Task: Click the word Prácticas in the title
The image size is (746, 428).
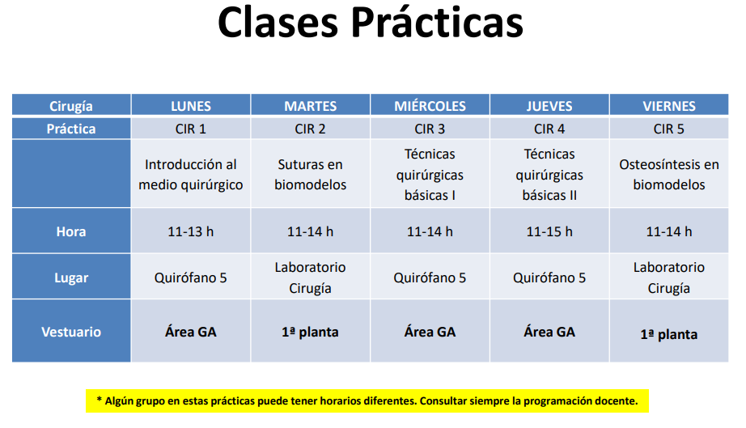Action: (x=437, y=23)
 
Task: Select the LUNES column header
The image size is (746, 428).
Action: (x=191, y=105)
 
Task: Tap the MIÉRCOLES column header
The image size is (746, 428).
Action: (x=430, y=105)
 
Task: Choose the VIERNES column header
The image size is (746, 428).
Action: (x=669, y=105)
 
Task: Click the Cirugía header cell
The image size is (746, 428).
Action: (x=71, y=105)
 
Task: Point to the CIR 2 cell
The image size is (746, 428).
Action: (x=310, y=129)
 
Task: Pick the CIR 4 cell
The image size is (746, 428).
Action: (x=549, y=129)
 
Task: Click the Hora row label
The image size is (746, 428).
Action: (x=71, y=231)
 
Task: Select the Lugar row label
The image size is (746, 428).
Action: (x=71, y=278)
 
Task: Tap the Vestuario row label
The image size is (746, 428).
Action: (x=71, y=332)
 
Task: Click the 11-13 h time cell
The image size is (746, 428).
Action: (x=191, y=231)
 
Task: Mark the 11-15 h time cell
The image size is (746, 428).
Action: (x=549, y=231)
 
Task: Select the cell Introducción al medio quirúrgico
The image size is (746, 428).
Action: (x=191, y=175)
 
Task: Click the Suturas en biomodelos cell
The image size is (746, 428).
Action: (x=310, y=175)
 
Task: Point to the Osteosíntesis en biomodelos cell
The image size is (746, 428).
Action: (x=669, y=175)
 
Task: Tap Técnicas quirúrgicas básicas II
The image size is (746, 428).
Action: (x=549, y=175)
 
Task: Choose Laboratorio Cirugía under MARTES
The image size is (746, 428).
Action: (x=310, y=278)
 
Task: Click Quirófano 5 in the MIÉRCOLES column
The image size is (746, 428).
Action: (x=430, y=278)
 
